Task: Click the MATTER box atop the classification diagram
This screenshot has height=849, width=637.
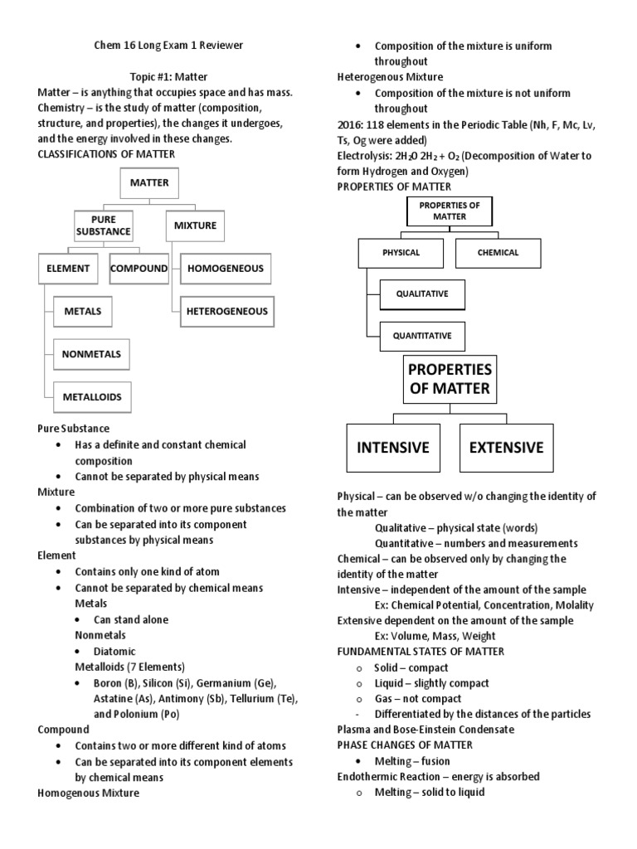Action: point(149,182)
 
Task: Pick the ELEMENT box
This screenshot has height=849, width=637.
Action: point(68,269)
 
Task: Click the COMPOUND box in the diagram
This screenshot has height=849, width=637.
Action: point(139,269)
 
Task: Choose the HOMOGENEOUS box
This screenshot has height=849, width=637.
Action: point(226,269)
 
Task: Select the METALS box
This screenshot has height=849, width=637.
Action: point(83,312)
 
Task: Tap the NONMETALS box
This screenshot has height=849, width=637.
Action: point(91,354)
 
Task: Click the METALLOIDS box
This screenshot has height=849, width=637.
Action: point(91,397)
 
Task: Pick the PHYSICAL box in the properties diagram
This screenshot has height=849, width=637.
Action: point(401,253)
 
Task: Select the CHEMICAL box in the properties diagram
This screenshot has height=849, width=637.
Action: point(498,253)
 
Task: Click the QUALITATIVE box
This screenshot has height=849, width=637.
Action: point(422,294)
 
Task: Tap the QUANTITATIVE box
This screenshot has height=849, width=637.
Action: point(422,336)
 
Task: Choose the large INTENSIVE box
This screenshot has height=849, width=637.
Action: point(393,448)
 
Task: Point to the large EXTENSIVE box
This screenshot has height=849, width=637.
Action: point(506,448)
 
